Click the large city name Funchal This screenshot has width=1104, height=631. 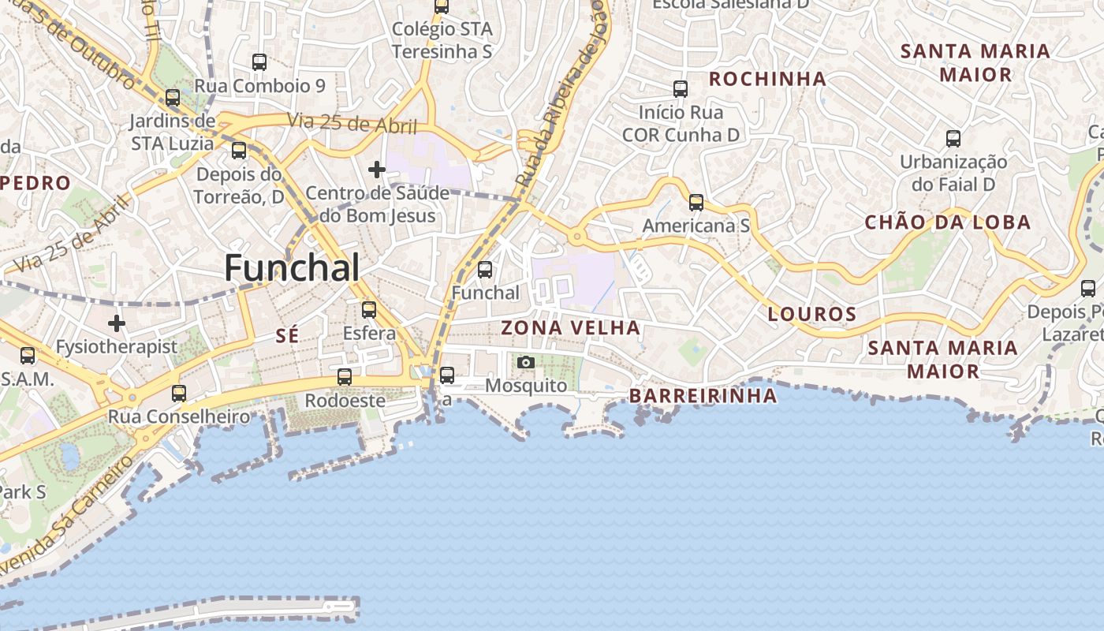[x=292, y=268]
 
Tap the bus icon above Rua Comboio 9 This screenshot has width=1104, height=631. [x=259, y=62]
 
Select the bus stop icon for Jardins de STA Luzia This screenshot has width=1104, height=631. [x=173, y=98]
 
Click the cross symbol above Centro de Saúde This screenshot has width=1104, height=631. [x=377, y=169]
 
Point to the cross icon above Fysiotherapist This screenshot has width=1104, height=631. [x=117, y=323]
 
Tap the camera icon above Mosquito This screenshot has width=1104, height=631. [x=526, y=362]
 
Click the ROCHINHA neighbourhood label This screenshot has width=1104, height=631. [x=767, y=79]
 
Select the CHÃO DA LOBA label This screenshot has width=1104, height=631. [x=948, y=222]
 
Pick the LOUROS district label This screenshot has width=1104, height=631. [x=812, y=315]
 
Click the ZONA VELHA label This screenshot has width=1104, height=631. [x=571, y=327]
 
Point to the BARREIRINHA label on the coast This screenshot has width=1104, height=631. [x=703, y=396]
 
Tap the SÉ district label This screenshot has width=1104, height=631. [x=288, y=336]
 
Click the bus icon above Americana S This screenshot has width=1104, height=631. [x=696, y=203]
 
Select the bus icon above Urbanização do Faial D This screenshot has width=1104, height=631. [x=953, y=139]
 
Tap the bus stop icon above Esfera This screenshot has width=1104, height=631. [x=369, y=309]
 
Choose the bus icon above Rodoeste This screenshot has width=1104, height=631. [x=345, y=377]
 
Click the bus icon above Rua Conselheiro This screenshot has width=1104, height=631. [x=179, y=393]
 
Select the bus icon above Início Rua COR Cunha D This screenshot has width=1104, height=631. [x=681, y=89]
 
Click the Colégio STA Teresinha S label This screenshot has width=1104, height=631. [x=442, y=40]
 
